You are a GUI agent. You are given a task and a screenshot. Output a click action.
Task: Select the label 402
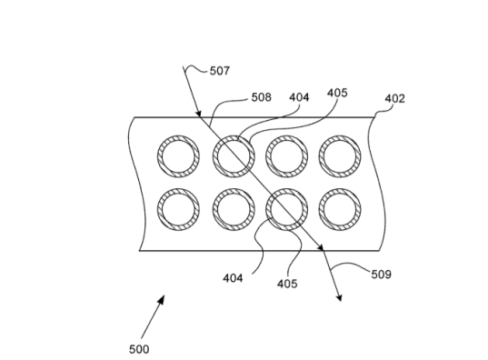[394, 97]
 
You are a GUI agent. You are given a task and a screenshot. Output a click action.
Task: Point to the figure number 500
[138, 348]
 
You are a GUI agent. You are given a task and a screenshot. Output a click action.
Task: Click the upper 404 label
[300, 96]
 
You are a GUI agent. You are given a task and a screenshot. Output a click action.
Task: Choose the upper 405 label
[336, 93]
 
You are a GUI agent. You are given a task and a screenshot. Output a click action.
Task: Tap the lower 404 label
[232, 278]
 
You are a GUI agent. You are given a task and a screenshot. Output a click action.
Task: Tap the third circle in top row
[285, 156]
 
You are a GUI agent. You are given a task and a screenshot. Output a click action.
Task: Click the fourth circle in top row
[340, 156]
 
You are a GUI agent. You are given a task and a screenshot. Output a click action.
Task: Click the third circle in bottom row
[285, 209]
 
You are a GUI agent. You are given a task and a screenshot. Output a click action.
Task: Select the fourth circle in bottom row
[340, 209]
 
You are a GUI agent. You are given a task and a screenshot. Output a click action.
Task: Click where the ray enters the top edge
[199, 116]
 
